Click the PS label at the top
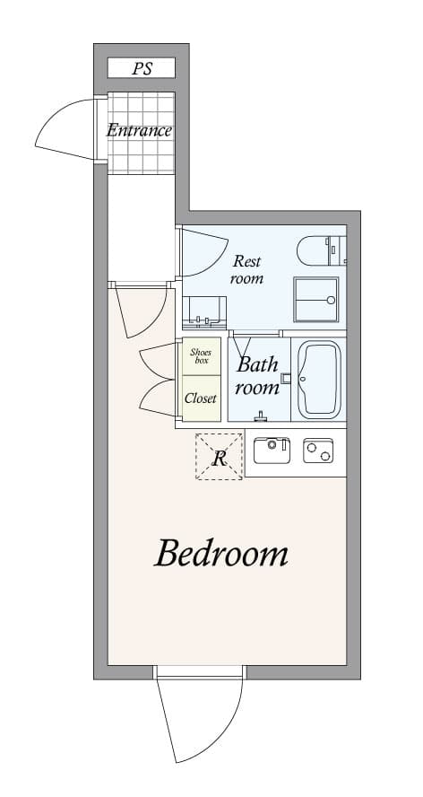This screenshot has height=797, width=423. (142, 68)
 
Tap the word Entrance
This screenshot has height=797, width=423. (139, 130)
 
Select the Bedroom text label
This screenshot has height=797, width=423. (221, 554)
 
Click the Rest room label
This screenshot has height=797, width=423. (246, 269)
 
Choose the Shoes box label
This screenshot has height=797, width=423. (202, 356)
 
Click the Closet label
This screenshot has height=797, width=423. (201, 398)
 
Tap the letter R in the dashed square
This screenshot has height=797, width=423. (219, 458)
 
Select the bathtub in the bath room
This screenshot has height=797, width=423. (318, 379)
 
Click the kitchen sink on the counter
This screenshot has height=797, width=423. (272, 450)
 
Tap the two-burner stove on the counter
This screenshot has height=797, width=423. (318, 451)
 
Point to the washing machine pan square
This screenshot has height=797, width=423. (315, 299)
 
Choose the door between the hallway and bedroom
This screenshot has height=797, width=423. (142, 310)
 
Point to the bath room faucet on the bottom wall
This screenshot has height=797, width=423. (261, 416)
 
